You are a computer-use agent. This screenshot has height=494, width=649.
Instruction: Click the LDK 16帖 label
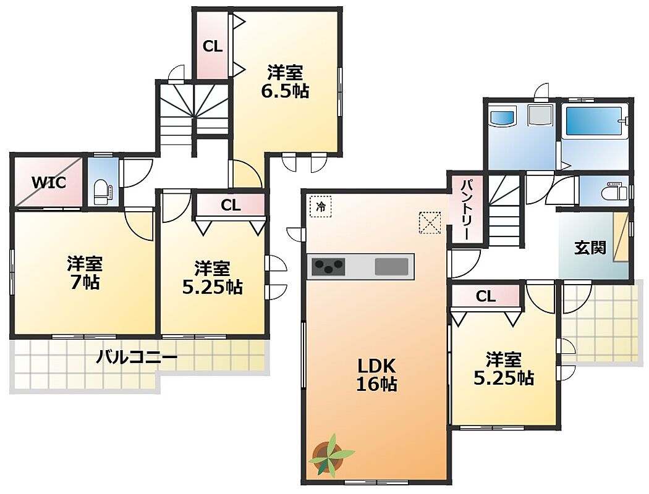point(376,375)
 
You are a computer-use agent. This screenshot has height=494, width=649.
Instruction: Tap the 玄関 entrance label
point(590,247)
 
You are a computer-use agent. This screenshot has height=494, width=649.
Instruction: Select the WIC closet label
point(49,182)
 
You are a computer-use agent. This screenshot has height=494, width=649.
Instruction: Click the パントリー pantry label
point(467,209)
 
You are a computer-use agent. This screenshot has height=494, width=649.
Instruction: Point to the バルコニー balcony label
point(137,356)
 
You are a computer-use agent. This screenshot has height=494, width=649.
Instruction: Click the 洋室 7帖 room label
point(85,272)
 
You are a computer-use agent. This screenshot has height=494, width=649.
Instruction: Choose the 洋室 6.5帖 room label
point(285,82)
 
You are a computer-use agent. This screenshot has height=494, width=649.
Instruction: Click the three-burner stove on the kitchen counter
point(328,266)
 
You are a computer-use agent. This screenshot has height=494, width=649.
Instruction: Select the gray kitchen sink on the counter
point(391,266)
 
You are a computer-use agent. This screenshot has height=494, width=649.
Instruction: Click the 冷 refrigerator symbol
point(321,206)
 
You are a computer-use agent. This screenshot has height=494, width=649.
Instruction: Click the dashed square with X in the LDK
point(430,223)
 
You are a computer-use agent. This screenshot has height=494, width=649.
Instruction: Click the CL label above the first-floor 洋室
point(485,296)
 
